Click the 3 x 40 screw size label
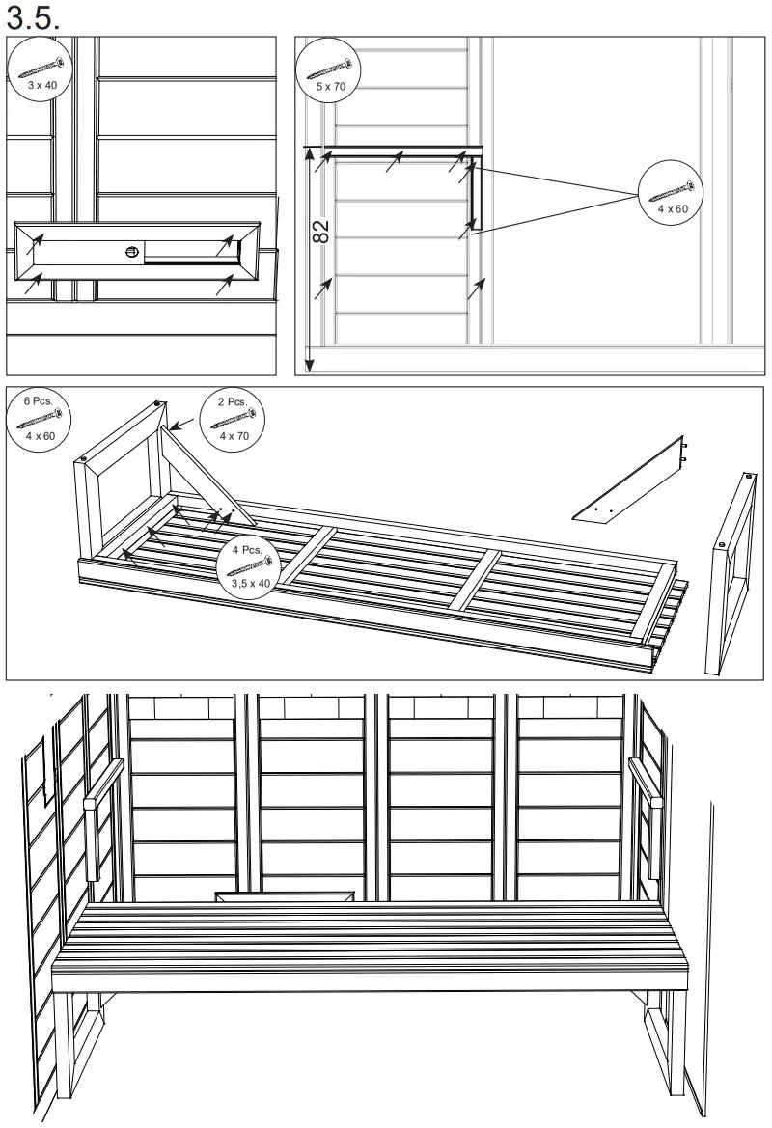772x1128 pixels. pyautogui.click(x=41, y=86)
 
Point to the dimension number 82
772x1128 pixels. pyautogui.click(x=321, y=231)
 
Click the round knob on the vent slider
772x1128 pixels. pyautogui.click(x=132, y=253)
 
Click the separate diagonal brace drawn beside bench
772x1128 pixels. pyautogui.click(x=629, y=482)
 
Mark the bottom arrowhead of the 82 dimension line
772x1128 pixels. pyautogui.click(x=309, y=366)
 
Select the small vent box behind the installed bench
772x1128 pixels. pyautogui.click(x=283, y=897)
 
